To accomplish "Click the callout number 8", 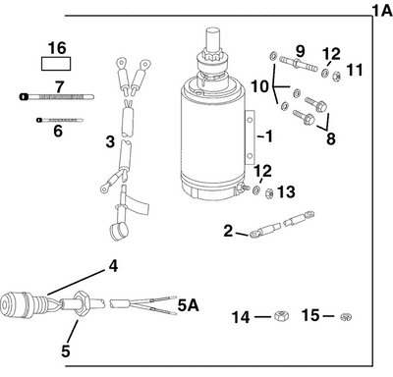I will [x=330, y=139].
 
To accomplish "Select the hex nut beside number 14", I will [x=278, y=316].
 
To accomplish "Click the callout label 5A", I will [x=189, y=307].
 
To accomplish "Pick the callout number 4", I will [x=113, y=265].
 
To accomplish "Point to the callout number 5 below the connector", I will [x=68, y=348].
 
